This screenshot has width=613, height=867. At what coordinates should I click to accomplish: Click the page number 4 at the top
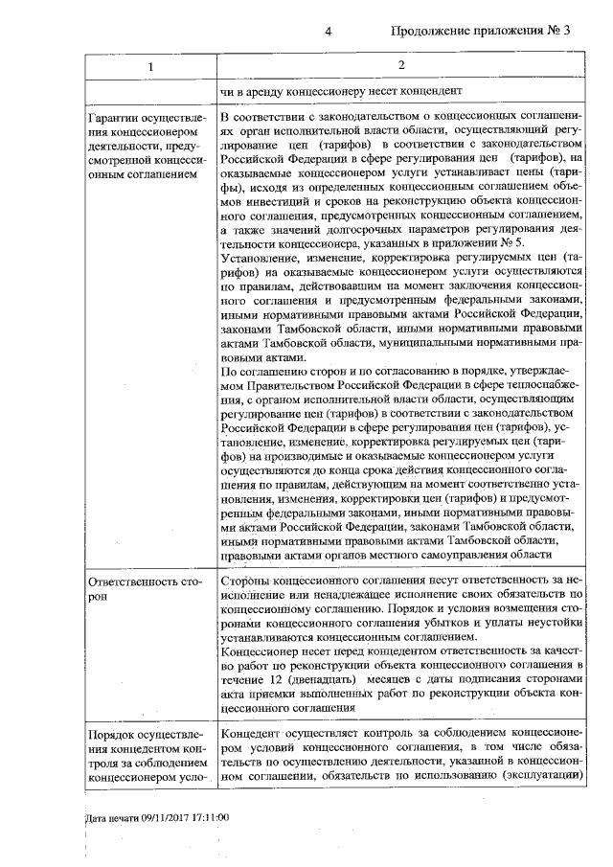(x=328, y=31)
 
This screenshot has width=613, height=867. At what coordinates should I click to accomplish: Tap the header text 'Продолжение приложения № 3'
(x=481, y=31)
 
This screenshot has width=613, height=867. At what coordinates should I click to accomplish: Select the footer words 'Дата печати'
(x=111, y=818)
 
